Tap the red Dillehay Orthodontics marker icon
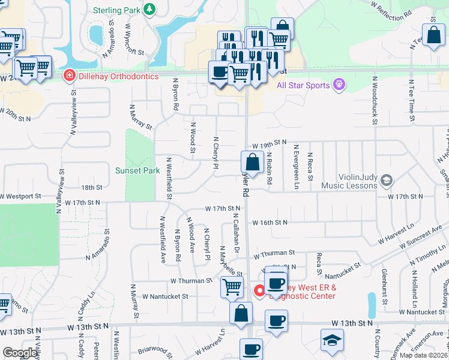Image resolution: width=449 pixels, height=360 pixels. [70, 76]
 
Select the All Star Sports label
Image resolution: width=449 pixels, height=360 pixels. [303, 85]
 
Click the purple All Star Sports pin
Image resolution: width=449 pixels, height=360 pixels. [339, 84]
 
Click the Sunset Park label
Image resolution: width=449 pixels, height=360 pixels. [137, 170]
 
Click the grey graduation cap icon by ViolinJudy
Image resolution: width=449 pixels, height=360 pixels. [387, 179]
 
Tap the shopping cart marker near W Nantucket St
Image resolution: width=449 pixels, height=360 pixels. [232, 287]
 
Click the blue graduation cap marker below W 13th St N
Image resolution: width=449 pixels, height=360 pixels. [332, 340]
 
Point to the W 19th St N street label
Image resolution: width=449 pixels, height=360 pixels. [270, 145]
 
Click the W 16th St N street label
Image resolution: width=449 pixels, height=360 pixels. [270, 222]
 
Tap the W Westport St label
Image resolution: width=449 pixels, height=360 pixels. [20, 196]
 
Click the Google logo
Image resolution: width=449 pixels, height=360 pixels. [20, 353]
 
